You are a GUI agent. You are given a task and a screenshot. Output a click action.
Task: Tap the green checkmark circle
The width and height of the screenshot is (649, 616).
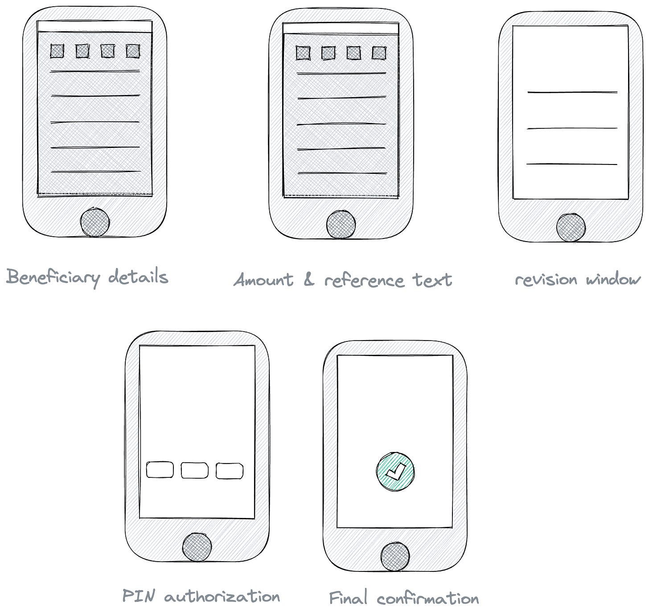pyautogui.click(x=395, y=472)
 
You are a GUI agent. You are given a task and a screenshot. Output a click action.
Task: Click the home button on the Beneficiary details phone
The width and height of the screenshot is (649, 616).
pyautogui.click(x=95, y=222)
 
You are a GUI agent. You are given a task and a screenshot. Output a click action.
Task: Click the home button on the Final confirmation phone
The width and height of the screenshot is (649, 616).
pyautogui.click(x=395, y=557)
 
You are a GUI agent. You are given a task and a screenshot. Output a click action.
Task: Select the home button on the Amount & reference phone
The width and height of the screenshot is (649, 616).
pyautogui.click(x=341, y=225)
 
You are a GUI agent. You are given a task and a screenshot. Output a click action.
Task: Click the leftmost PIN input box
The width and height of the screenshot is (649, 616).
pyautogui.click(x=160, y=470)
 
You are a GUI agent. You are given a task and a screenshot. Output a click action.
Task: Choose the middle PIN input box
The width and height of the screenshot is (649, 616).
pyautogui.click(x=195, y=470)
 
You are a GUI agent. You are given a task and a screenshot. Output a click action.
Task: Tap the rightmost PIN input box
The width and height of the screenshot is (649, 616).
pyautogui.click(x=230, y=471)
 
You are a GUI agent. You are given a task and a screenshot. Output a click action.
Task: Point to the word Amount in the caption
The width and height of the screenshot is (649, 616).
pyautogui.click(x=263, y=280)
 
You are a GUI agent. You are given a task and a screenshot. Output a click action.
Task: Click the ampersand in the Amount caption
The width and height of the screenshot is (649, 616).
pyautogui.click(x=308, y=280)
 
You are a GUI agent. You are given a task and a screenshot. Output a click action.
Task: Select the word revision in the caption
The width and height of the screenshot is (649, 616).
pyautogui.click(x=546, y=280)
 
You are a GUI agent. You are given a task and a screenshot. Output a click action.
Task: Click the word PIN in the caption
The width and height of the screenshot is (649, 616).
pyautogui.click(x=139, y=596)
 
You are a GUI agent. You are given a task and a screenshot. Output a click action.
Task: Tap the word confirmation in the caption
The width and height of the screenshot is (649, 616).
pyautogui.click(x=428, y=598)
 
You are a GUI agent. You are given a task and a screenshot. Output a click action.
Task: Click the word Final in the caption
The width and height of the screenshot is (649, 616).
pyautogui.click(x=348, y=597)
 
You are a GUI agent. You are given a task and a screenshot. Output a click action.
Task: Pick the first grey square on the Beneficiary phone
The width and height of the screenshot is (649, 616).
pyautogui.click(x=57, y=51)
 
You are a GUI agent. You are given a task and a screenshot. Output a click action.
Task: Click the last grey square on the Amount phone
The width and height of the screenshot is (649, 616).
pyautogui.click(x=379, y=53)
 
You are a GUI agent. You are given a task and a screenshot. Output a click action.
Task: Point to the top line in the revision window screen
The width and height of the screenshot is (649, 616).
pyautogui.click(x=572, y=92)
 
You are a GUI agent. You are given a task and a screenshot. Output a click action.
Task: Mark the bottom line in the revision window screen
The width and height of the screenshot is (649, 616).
pyautogui.click(x=572, y=164)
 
